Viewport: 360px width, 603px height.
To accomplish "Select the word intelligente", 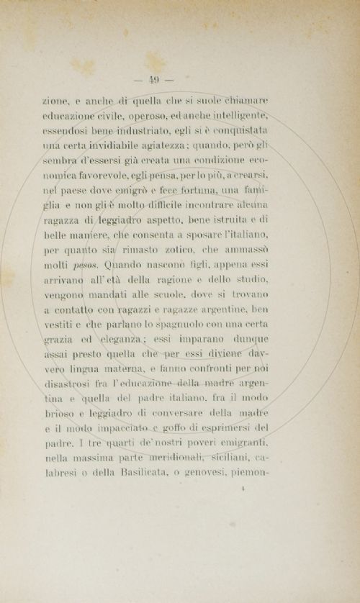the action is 237,116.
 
